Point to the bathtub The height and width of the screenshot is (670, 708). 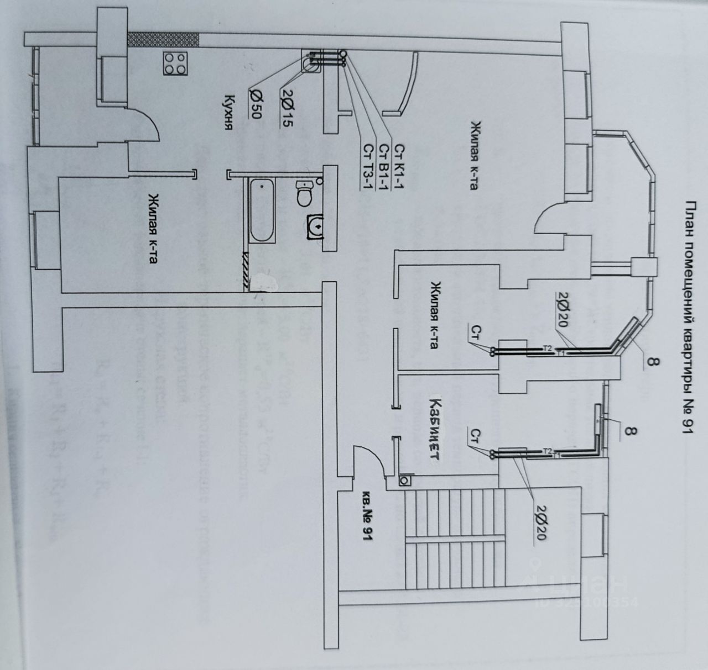(x=261, y=210)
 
